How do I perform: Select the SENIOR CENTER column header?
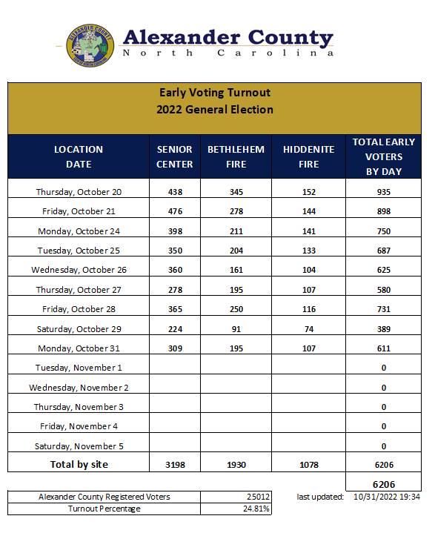click(175, 156)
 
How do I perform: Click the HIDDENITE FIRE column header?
click(308, 156)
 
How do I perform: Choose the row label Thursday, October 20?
click(79, 192)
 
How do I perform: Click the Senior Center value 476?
click(175, 211)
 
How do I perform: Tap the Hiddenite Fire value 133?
click(308, 251)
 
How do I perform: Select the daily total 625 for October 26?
click(383, 270)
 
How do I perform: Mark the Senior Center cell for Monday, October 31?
click(175, 348)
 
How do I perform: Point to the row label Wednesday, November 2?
click(79, 387)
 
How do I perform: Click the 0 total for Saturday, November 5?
click(383, 446)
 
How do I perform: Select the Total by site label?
click(79, 465)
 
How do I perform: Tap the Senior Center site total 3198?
click(175, 465)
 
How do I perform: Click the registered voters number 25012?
click(257, 497)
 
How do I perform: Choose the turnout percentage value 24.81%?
click(257, 509)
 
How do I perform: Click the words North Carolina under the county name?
click(227, 53)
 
